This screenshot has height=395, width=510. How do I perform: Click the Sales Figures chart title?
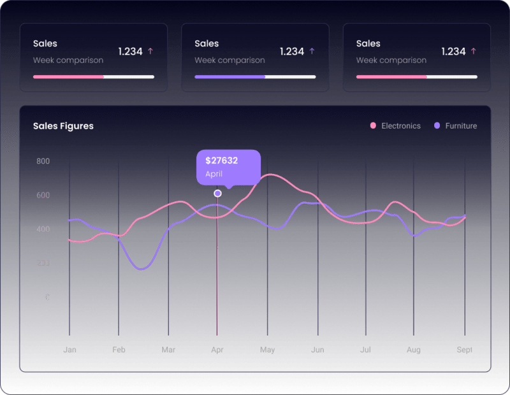(x=63, y=126)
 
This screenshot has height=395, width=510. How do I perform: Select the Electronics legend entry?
(x=400, y=126)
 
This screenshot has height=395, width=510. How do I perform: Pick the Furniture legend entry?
(x=460, y=126)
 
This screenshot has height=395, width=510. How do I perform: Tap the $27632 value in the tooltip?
(x=221, y=161)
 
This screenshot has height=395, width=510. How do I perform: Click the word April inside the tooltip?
(x=214, y=174)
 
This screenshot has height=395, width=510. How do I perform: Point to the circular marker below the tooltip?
(x=217, y=193)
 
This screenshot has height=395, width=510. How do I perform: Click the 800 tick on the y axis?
(x=43, y=161)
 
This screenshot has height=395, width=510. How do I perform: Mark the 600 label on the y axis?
(x=43, y=195)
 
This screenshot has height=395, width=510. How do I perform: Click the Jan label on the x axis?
(x=69, y=350)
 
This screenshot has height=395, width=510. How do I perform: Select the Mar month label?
(x=168, y=350)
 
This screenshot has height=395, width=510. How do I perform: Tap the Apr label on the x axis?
(x=217, y=350)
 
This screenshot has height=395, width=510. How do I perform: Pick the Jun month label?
(x=317, y=350)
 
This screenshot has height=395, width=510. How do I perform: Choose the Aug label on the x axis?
(x=413, y=350)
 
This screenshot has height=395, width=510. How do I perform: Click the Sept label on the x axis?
(x=463, y=350)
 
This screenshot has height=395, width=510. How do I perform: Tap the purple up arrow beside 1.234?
(x=312, y=51)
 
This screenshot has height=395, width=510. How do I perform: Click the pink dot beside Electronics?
(x=373, y=126)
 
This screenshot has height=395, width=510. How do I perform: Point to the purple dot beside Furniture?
(x=437, y=126)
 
